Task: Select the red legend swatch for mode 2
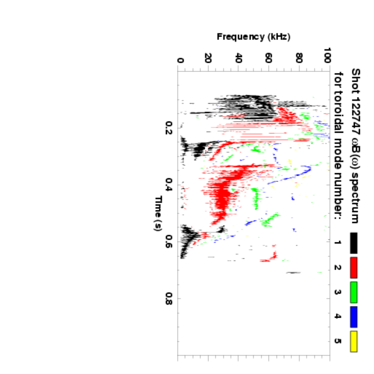click(x=354, y=267)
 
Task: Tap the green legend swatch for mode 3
click(x=354, y=292)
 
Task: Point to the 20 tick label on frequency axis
click(x=209, y=58)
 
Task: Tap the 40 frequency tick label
click(x=239, y=58)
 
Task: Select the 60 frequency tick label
click(x=269, y=58)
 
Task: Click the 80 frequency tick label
click(x=299, y=58)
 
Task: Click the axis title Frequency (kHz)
click(x=254, y=37)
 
